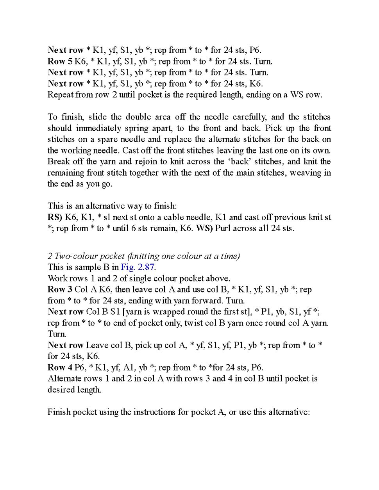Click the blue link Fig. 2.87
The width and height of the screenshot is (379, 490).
pyautogui.click(x=137, y=267)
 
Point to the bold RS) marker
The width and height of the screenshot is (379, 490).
pyautogui.click(x=55, y=217)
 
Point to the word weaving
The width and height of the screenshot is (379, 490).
pyautogui.click(x=306, y=173)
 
